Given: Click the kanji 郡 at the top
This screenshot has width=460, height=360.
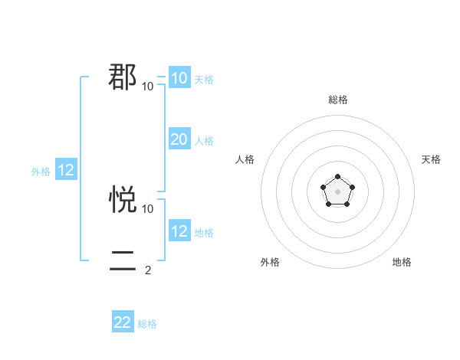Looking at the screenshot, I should coord(123,77).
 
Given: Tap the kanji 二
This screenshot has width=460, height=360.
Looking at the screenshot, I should coord(123,261).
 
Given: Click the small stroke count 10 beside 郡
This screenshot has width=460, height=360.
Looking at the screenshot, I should coord(148,86).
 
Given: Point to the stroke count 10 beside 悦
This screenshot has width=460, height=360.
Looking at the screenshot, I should coord(148,208).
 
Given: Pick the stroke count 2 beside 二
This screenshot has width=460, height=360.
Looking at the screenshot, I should coord(148,270).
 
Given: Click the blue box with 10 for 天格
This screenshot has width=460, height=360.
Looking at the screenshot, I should coord(179,78).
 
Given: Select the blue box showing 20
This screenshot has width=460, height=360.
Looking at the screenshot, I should coord(179,139).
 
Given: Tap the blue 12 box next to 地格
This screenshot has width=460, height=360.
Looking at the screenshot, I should coord(179,231).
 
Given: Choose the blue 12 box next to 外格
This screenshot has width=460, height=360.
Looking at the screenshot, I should coord(66,171).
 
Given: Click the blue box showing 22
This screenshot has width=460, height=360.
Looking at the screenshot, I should coord(123,322).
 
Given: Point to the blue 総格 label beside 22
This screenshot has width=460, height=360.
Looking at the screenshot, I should coord(147,324).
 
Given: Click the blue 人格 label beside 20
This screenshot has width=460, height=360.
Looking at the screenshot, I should coord(204,141).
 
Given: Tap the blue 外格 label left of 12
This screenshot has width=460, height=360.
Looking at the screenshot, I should coord(41,172).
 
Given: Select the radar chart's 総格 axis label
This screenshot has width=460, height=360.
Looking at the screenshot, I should coord(337,100).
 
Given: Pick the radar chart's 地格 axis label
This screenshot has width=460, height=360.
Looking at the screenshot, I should coord(402,262).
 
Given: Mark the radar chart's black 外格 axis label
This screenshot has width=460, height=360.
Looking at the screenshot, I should coord(270,262).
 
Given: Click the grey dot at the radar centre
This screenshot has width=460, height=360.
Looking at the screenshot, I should coord(337,191).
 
